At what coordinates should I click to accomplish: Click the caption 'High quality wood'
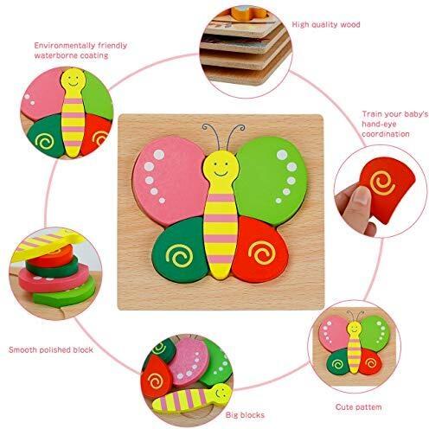[326, 25]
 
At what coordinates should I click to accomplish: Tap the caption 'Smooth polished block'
[51, 350]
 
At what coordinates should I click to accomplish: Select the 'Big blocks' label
[245, 415]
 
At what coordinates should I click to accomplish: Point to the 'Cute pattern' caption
[359, 407]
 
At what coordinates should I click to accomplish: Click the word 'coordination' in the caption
[386, 134]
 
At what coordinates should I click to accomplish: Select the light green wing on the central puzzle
[271, 180]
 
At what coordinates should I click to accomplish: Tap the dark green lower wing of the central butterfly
[180, 250]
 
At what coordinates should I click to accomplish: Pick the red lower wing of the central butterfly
[260, 250]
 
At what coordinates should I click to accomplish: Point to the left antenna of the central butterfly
[211, 136]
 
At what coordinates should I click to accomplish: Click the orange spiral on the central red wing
[261, 253]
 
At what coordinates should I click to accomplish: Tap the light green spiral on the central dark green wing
[180, 255]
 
